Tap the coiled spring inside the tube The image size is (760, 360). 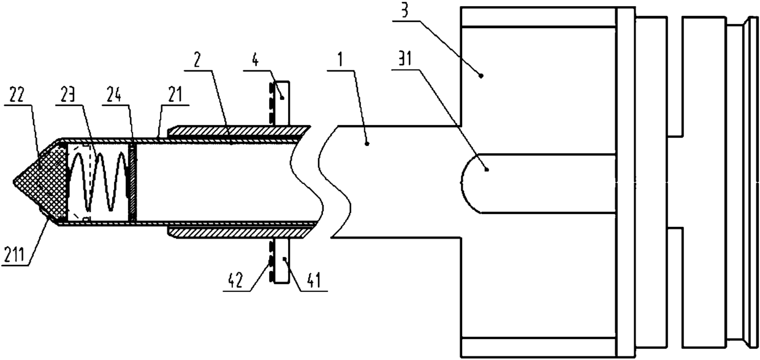point(98,182)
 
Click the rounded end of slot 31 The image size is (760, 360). point(469,183)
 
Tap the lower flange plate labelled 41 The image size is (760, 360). point(280,260)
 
